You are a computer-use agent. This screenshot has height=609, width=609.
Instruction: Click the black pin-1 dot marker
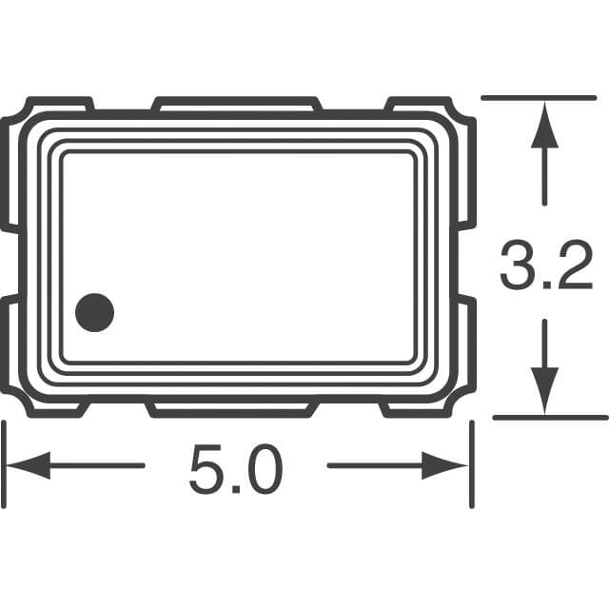coord(94,312)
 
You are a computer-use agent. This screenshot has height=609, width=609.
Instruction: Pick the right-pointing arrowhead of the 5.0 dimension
coord(447,465)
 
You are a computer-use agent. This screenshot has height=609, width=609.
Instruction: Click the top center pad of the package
coord(236,102)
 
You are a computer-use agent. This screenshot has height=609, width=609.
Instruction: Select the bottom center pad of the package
coord(232,410)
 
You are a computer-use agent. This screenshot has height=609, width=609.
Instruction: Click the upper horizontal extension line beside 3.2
coord(539,97)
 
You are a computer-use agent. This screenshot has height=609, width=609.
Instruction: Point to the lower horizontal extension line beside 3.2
coord(550,417)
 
